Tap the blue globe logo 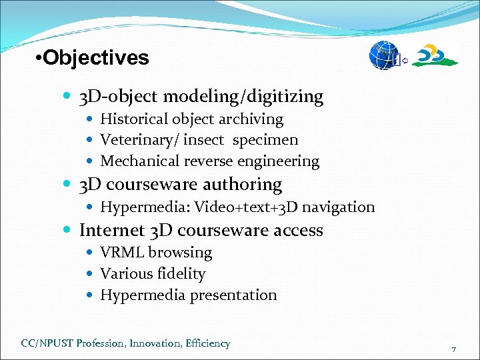click(384, 55)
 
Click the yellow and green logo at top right click(435, 55)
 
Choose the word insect click(205, 140)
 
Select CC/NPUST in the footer click(47, 344)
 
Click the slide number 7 click(453, 349)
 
